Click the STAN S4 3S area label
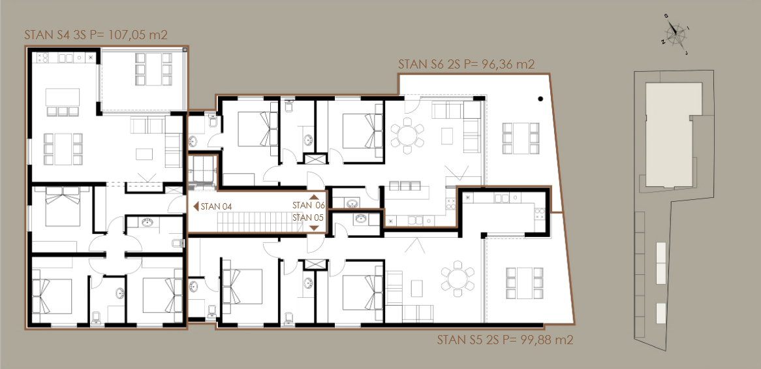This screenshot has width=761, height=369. click(96, 35)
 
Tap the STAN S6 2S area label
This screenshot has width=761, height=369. click(466, 65)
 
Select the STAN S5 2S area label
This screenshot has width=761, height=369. click(505, 340)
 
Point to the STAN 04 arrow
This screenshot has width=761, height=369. click(196, 206)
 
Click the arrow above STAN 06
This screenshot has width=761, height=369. click(314, 197)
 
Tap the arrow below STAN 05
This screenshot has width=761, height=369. click(314, 228)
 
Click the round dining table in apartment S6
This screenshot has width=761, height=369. click(407, 135)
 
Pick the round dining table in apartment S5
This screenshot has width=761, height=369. click(457, 278)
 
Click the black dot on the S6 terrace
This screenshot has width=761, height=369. click(541, 99)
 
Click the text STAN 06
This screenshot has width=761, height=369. click(308, 206)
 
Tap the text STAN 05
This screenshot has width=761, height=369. click(308, 217)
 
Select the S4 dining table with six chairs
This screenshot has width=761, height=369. click(63, 149)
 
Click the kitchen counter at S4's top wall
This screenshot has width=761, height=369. click(65, 58)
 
